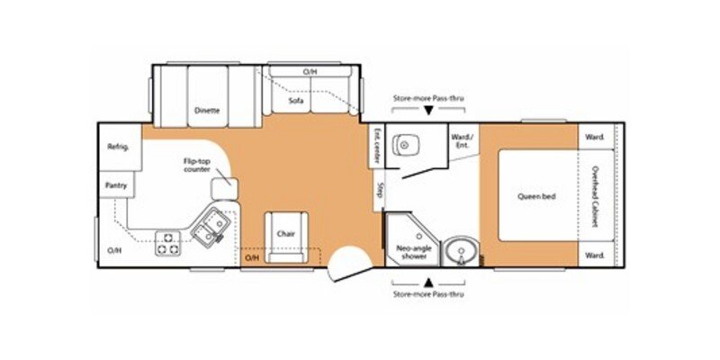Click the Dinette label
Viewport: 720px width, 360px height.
pyautogui.click(x=207, y=111)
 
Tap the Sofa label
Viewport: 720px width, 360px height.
pyautogui.click(x=295, y=101)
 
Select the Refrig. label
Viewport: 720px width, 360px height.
pyautogui.click(x=119, y=147)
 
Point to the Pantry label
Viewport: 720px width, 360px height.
pyautogui.click(x=117, y=186)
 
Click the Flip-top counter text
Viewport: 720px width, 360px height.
pyautogui.click(x=197, y=166)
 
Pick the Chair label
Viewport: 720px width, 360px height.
pyautogui.click(x=286, y=234)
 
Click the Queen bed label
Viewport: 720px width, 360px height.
pyautogui.click(x=537, y=195)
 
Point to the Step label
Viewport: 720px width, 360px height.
pyautogui.click(x=380, y=191)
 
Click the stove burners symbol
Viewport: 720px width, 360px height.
pyautogui.click(x=167, y=243)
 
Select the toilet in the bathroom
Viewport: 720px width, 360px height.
pyautogui.click(x=409, y=142)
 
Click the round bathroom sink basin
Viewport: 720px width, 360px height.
pyautogui.click(x=460, y=249)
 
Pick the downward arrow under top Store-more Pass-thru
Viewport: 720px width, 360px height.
pyautogui.click(x=428, y=110)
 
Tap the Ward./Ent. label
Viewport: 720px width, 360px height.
pyautogui.click(x=463, y=141)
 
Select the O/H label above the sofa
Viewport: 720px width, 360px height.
pyautogui.click(x=310, y=71)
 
